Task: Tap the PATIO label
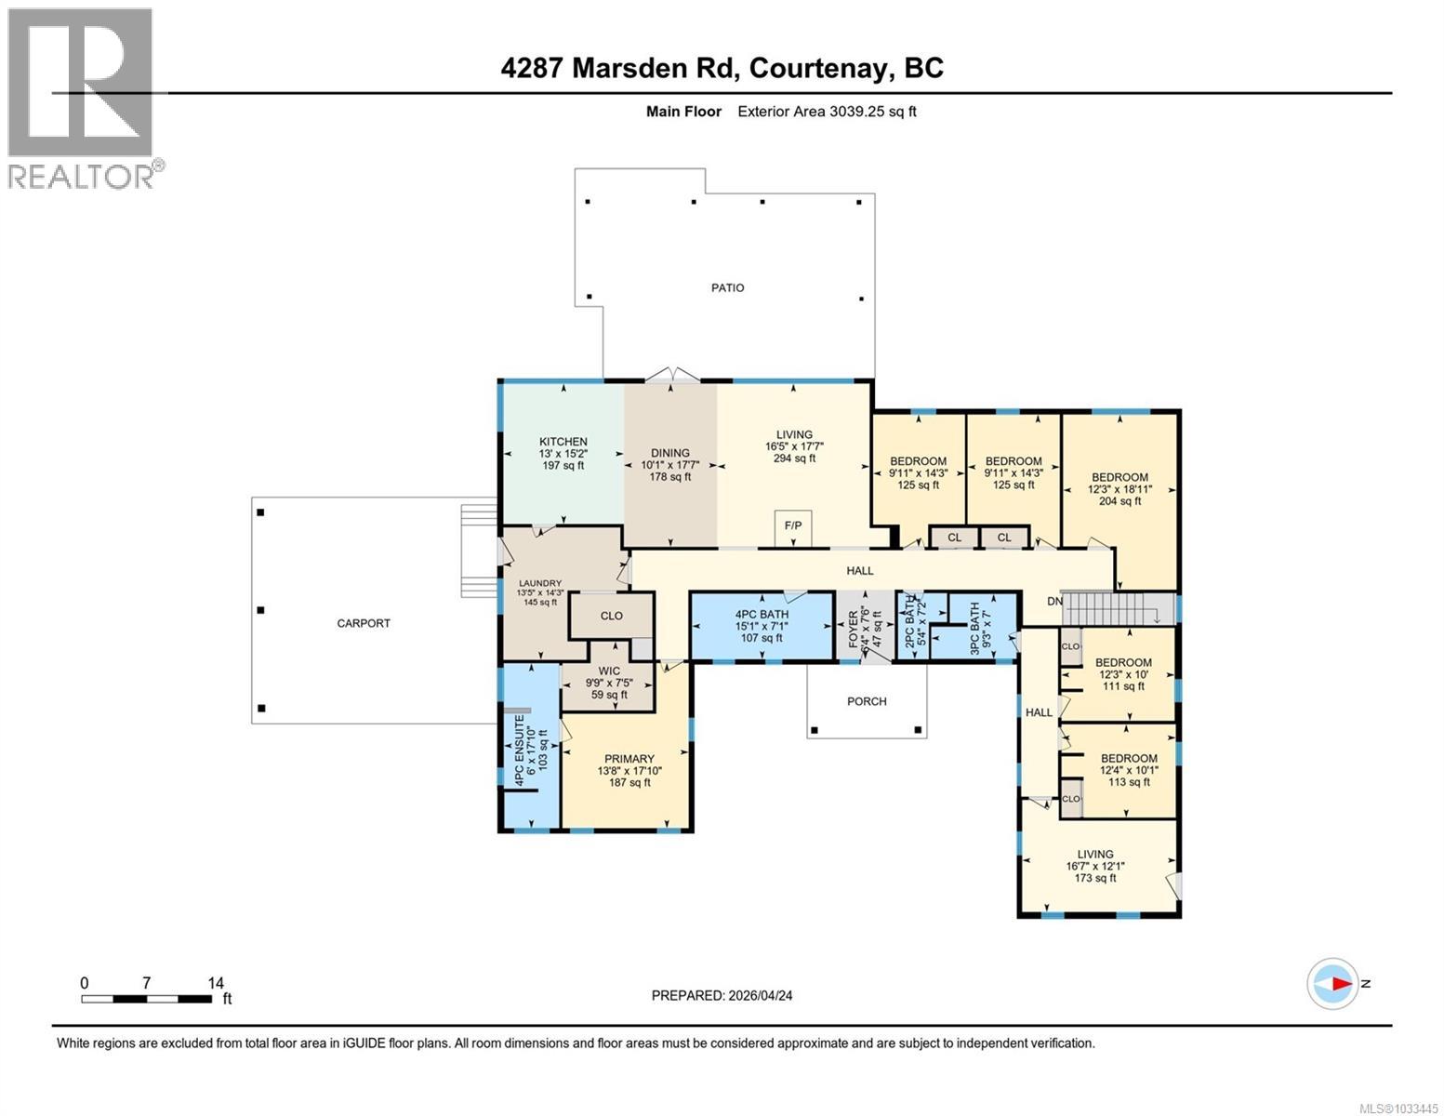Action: (727, 288)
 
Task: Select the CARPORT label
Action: (364, 623)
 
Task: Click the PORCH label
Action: (867, 701)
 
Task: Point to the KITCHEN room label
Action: (563, 442)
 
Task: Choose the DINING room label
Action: (669, 453)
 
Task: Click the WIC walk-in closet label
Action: (609, 671)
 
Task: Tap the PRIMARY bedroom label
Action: (629, 759)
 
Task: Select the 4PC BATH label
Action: (762, 615)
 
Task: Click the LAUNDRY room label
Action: (539, 584)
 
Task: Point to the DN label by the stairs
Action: (1054, 602)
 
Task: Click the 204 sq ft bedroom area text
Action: (1119, 501)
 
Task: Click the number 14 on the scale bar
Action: (216, 983)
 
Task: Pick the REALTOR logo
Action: (82, 98)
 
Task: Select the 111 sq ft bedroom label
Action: (1123, 686)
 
